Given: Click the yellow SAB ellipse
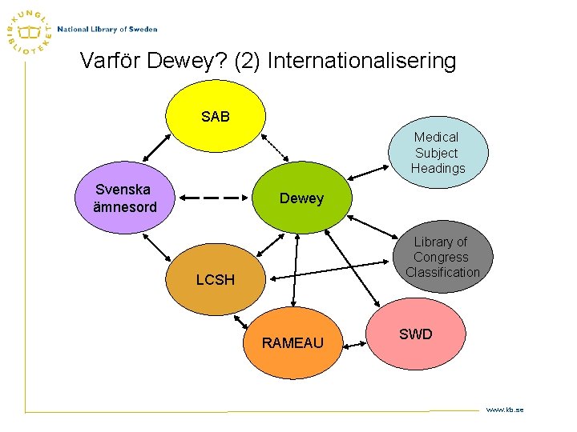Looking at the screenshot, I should [x=215, y=117].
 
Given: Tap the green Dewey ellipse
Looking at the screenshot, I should [x=301, y=198].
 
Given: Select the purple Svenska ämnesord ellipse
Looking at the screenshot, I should [x=125, y=199].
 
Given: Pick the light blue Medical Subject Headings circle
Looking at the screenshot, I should [x=438, y=152].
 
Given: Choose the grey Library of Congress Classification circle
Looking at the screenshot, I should [x=442, y=257].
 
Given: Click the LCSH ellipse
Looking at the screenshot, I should [x=216, y=279].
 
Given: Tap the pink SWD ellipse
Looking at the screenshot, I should [x=415, y=334].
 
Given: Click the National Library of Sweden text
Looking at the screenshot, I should [x=107, y=30].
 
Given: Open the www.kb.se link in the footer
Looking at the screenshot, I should [x=504, y=410].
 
